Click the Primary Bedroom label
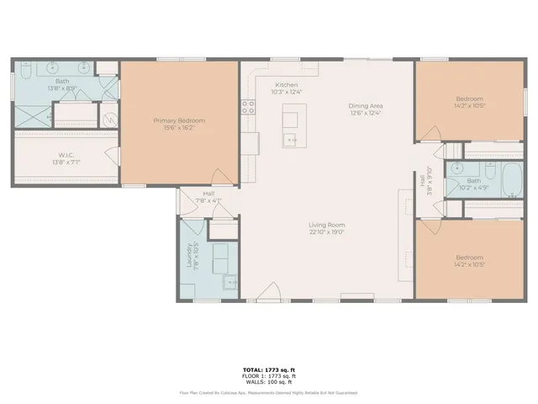pos(179,120)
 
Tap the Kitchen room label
pos(286,84)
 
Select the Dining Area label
pos(366,106)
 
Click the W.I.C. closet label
pos(66,155)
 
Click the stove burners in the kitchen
pos(249,107)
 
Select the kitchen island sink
pos(291,140)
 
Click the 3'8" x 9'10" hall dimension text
pos(429,179)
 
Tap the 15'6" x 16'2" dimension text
pos(179,128)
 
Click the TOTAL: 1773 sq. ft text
pos(268,370)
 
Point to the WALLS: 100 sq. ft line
pos(268,383)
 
